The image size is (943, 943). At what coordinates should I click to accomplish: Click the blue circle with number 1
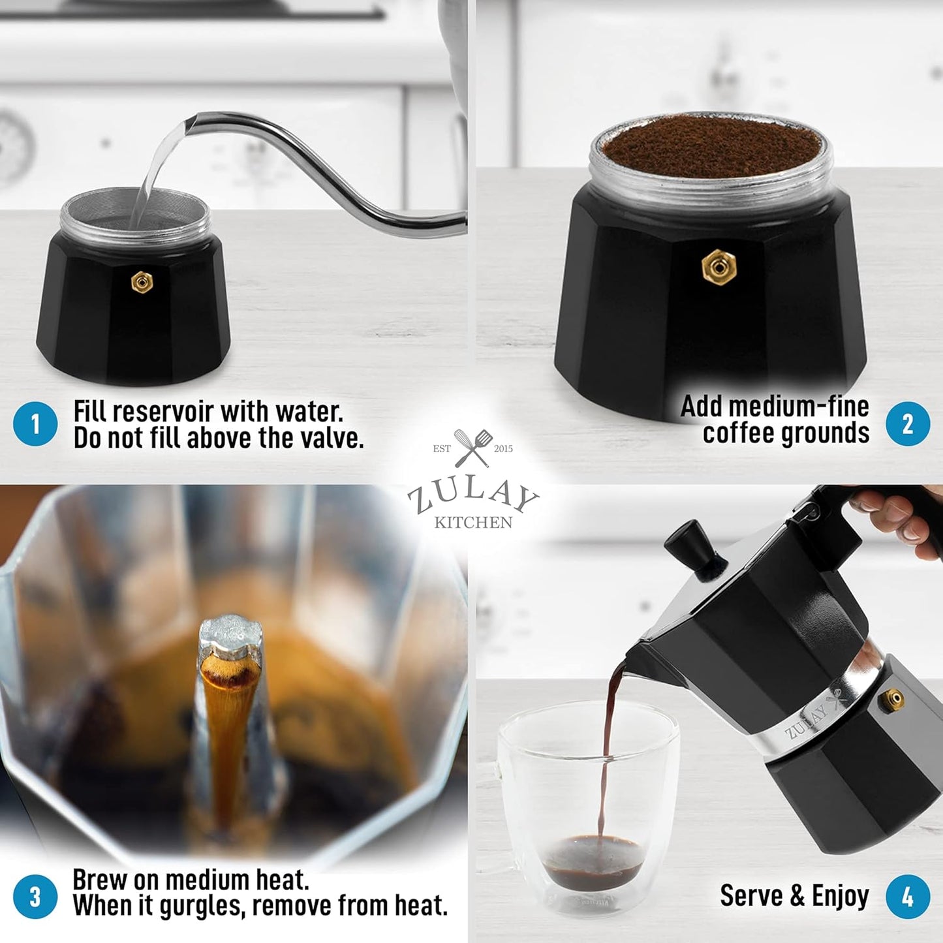point(35,424)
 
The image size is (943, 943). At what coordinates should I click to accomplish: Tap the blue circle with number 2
point(908,424)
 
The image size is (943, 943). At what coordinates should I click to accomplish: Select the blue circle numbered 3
point(35,897)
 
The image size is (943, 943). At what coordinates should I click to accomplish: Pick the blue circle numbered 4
point(908,897)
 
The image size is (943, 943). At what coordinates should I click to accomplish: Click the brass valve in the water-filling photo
point(142,283)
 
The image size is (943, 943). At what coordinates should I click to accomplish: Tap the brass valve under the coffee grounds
point(719,267)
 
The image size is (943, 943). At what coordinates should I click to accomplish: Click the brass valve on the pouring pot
point(891,700)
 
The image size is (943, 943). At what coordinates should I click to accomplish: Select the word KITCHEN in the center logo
point(473,523)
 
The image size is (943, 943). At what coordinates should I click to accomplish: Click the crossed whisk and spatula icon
point(474,448)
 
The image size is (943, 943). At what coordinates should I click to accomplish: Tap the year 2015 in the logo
point(503,448)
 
